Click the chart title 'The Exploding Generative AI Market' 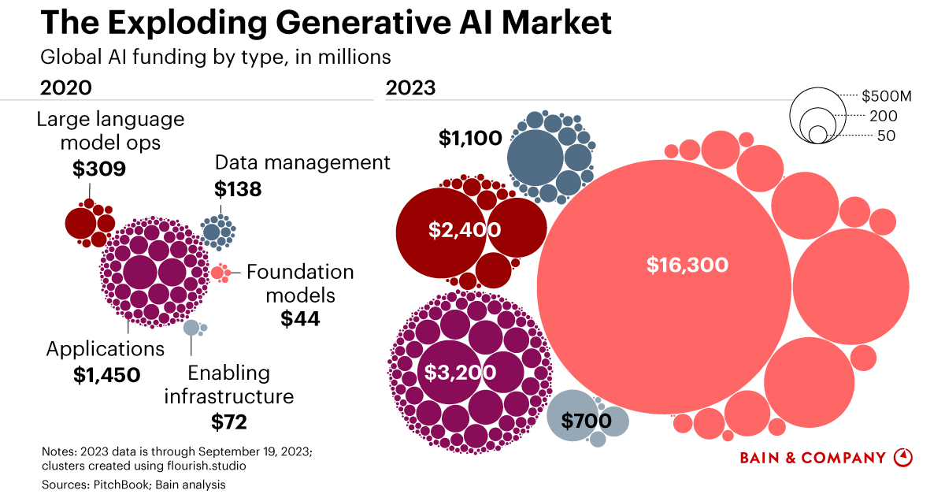(325, 24)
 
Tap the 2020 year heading (66, 87)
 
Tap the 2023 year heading (410, 87)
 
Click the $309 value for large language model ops (99, 169)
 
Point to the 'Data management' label (302, 162)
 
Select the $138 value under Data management (238, 189)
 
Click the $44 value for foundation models (300, 319)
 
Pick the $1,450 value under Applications (107, 375)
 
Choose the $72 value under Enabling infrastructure (229, 422)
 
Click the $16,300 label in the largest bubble (687, 266)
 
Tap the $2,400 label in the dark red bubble (465, 230)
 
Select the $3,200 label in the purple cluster (461, 373)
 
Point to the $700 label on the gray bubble (586, 421)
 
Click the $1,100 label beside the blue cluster (470, 139)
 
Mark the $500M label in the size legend (887, 96)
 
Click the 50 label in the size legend (886, 136)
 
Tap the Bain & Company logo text (813, 458)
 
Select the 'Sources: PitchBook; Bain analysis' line (134, 485)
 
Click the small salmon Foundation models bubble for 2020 (218, 273)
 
